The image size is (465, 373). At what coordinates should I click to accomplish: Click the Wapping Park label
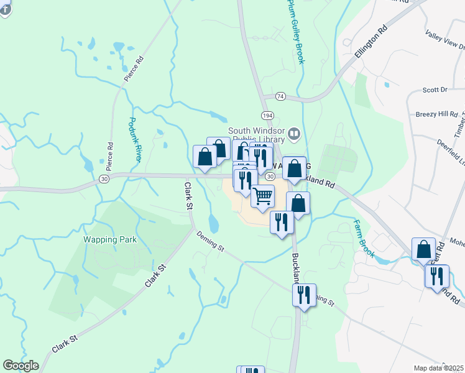tap(110, 239)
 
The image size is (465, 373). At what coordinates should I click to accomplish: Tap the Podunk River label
tap(136, 140)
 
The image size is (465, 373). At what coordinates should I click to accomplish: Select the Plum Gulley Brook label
tap(295, 31)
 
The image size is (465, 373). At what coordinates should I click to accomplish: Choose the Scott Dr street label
tap(435, 90)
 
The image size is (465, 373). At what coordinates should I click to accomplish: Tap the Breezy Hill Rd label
tap(436, 114)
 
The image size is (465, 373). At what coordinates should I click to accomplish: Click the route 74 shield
tap(280, 96)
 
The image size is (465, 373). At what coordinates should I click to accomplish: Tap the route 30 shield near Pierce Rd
tap(104, 179)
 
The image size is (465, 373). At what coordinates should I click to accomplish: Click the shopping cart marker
tap(263, 196)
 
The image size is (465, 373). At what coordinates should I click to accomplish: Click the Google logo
tap(21, 366)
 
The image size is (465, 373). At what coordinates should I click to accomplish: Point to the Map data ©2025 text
tap(438, 368)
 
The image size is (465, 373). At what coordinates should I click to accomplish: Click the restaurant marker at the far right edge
tap(437, 275)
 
